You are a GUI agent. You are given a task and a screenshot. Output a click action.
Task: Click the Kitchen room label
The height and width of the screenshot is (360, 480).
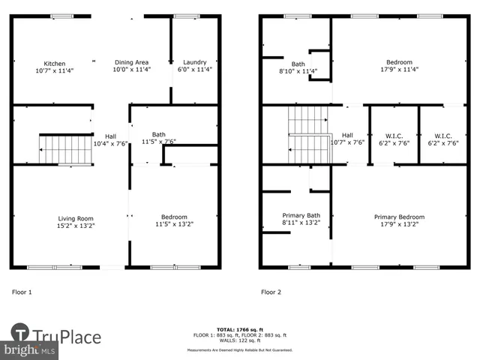(x=54, y=64)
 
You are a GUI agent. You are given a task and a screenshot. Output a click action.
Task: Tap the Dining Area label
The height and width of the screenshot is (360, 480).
(x=131, y=62)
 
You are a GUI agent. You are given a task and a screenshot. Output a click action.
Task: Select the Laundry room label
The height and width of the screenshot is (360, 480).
(x=195, y=62)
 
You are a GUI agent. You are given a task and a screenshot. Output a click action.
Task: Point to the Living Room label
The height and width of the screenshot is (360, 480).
(x=76, y=218)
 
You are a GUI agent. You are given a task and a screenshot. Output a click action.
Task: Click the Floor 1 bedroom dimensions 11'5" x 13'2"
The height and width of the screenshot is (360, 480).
(x=174, y=224)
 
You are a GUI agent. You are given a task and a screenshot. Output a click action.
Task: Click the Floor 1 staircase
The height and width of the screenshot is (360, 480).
(x=64, y=149)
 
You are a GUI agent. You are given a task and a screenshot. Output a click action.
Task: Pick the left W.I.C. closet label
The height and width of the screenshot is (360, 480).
(x=394, y=136)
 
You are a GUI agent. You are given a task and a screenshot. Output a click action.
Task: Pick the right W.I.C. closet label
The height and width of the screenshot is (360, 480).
(x=443, y=136)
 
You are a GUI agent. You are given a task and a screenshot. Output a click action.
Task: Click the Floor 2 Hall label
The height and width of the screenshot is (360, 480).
(x=347, y=136)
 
